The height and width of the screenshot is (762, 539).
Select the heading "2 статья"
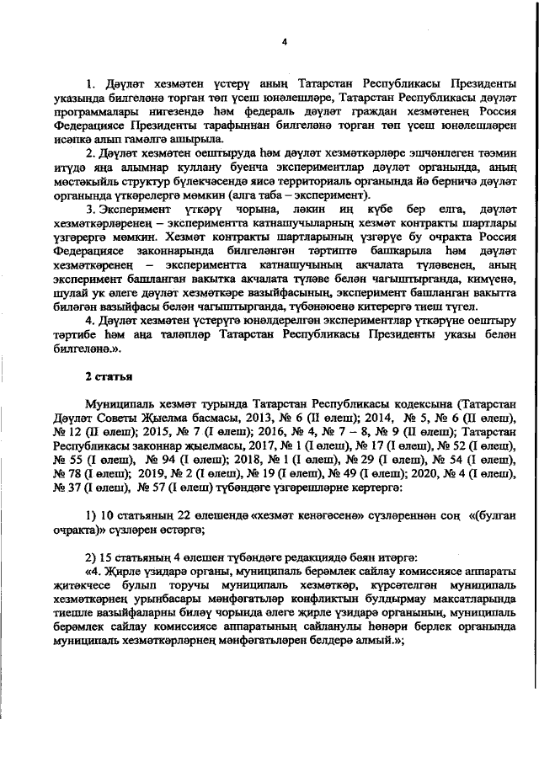click(x=106, y=374)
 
